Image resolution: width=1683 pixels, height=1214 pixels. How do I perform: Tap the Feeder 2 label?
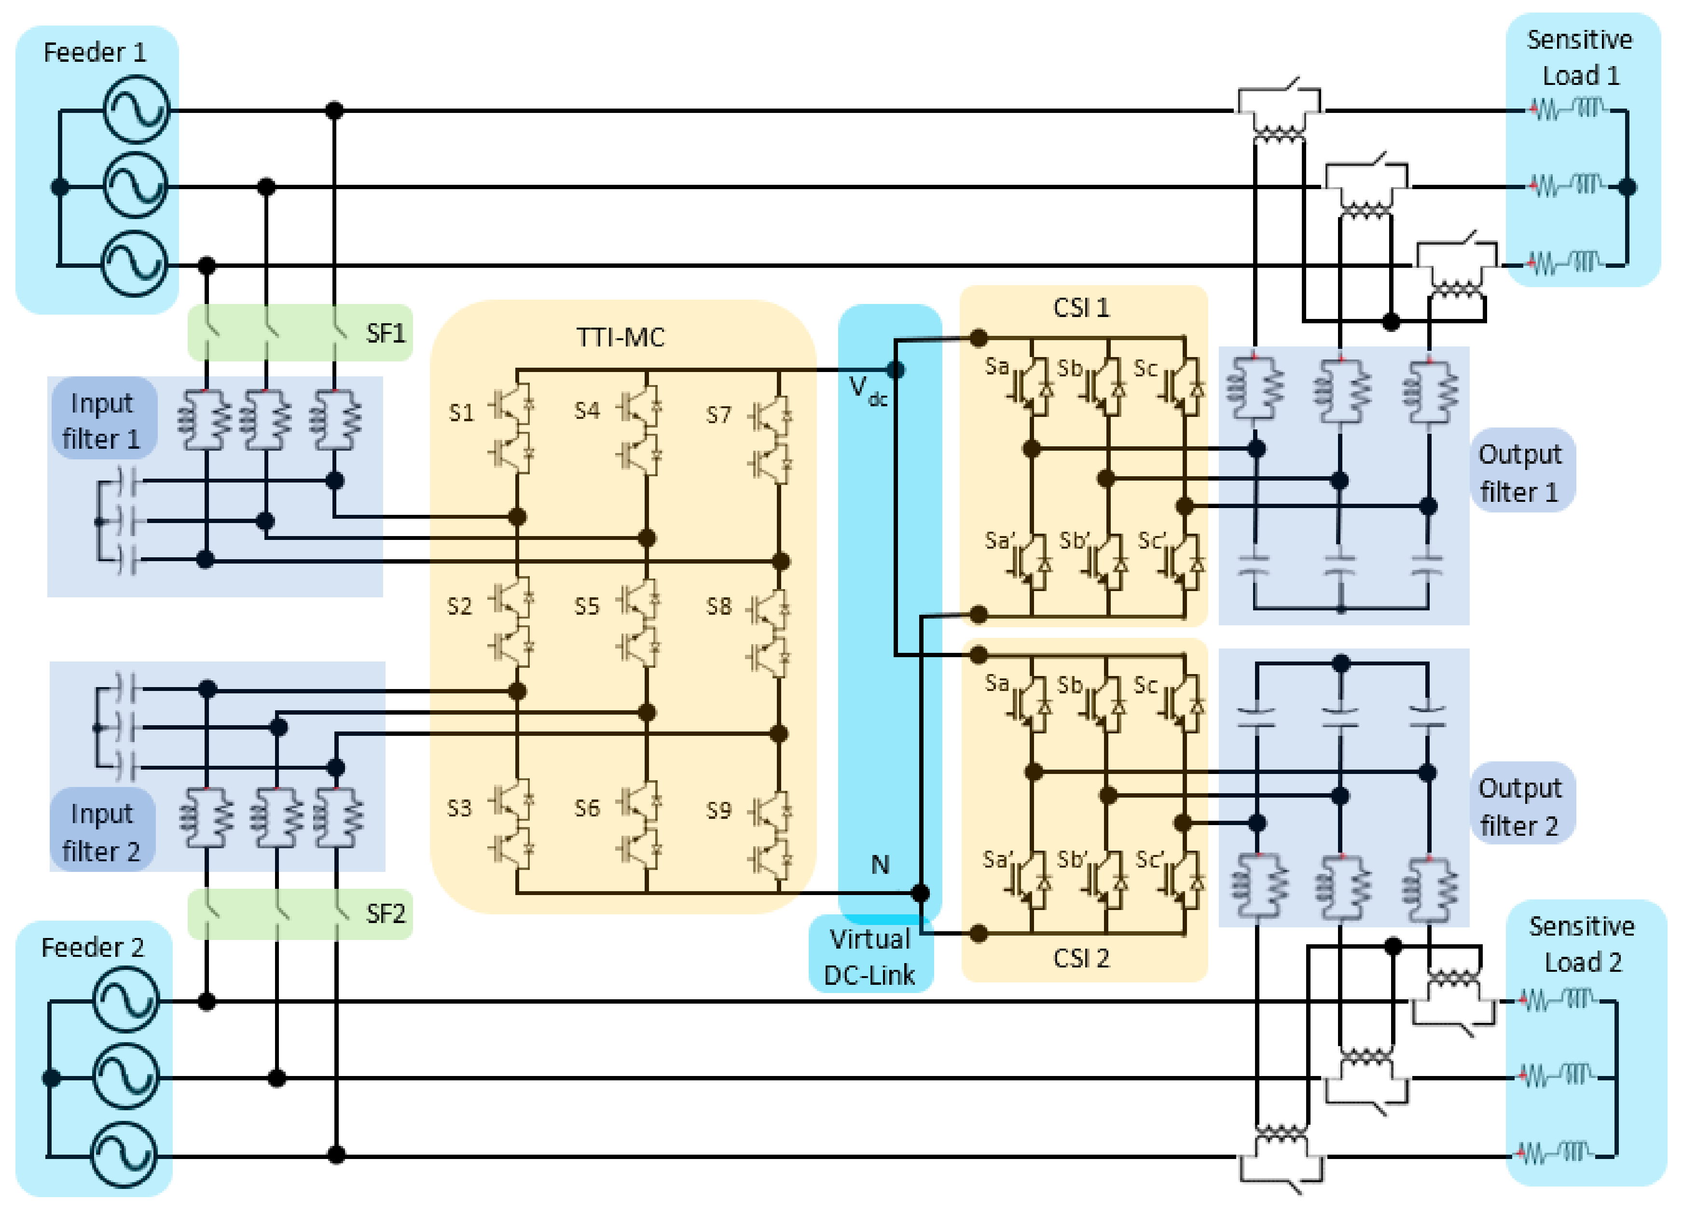click(92, 948)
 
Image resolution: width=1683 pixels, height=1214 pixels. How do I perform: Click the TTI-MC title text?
click(621, 338)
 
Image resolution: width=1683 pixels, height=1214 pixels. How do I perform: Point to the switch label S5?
click(586, 606)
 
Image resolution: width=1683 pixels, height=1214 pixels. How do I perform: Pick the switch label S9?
click(718, 810)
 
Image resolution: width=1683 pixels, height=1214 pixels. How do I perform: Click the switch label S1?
click(461, 413)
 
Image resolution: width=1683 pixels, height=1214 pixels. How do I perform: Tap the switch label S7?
click(718, 415)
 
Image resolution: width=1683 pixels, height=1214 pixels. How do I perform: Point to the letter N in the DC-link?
click(879, 865)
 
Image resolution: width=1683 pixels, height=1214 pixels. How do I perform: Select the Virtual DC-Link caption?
click(869, 957)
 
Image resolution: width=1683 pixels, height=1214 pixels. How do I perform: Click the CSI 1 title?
click(1081, 307)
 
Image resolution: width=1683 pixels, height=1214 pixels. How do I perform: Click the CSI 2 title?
click(1081, 958)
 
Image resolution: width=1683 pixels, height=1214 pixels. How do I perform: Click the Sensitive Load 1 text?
click(1580, 57)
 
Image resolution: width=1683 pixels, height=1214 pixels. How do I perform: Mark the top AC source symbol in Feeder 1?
click(137, 110)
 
